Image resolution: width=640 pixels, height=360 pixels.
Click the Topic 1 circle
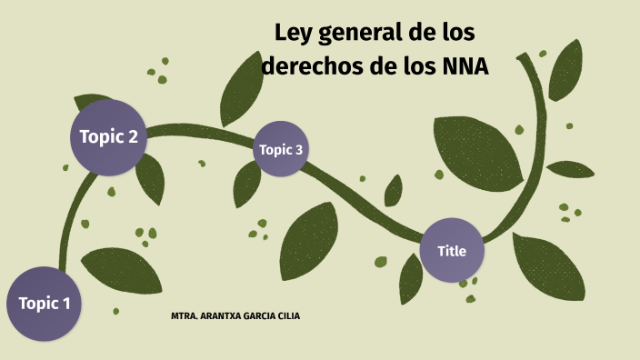click(45, 304)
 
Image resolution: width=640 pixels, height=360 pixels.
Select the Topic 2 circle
click(108, 137)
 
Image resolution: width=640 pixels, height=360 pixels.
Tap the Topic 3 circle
click(281, 149)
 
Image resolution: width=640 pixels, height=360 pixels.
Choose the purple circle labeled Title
click(451, 250)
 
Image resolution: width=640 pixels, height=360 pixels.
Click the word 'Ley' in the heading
click(294, 35)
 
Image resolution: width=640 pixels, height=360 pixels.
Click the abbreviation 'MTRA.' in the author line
click(184, 315)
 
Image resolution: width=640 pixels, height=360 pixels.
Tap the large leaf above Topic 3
click(239, 88)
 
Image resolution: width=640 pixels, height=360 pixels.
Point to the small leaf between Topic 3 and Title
click(393, 191)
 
